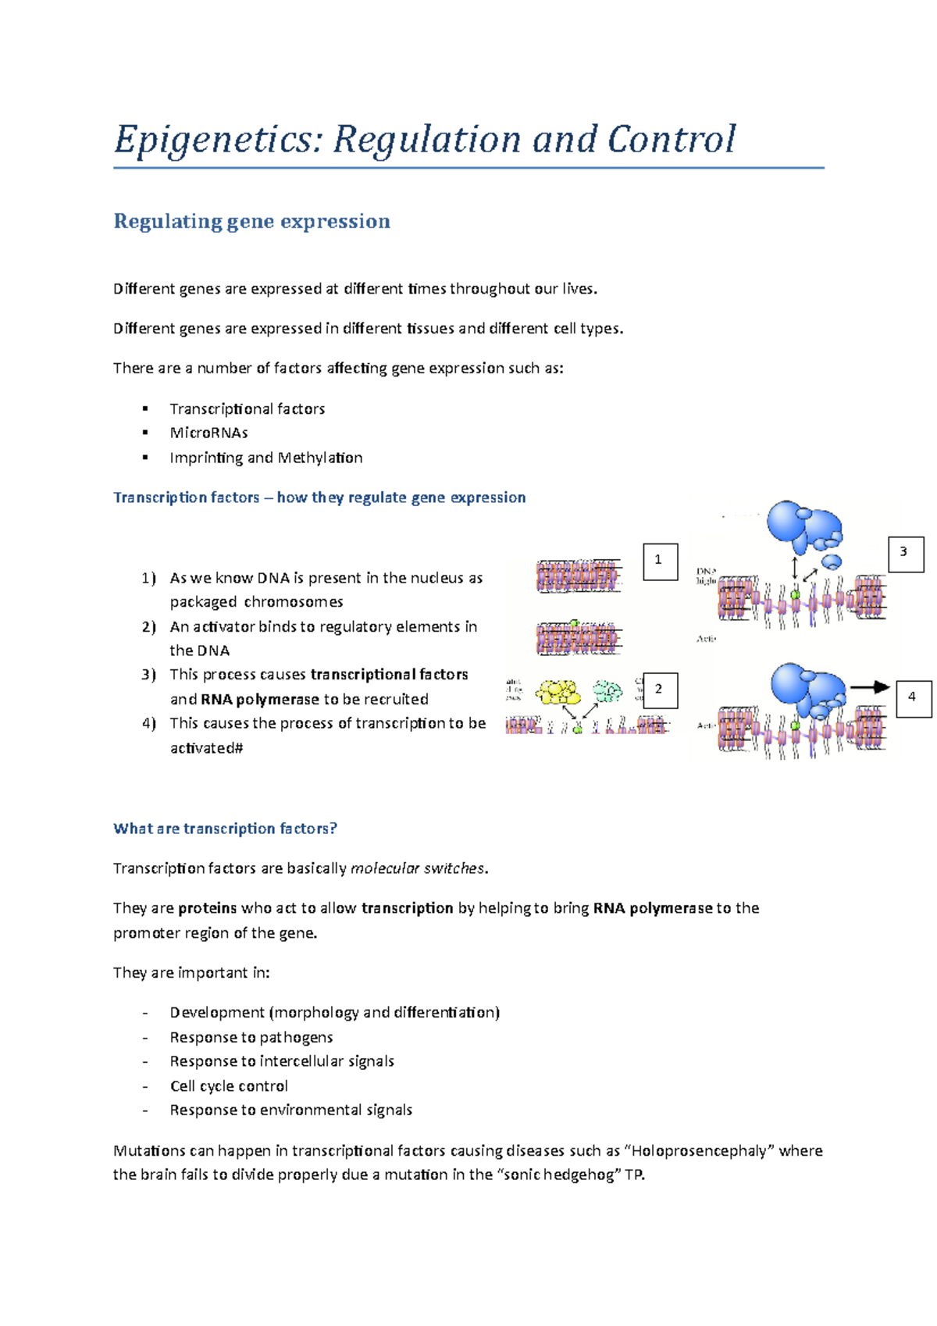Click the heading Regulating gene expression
pos(251,222)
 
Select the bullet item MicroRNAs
pos(208,433)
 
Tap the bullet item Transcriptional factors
pos(247,408)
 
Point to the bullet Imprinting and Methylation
pos(265,458)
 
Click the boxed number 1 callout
pos(659,561)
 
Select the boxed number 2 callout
pos(659,690)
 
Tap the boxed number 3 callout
pos(905,554)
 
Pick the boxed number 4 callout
pos(913,697)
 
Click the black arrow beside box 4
pos(870,687)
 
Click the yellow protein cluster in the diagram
pos(558,692)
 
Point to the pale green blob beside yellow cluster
pos(607,690)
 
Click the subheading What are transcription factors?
pos(225,829)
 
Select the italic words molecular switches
pos(418,868)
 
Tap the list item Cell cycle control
pos(229,1086)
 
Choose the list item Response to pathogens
pos(251,1037)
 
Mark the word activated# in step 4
pos(206,748)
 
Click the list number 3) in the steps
pos(149,675)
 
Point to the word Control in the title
pos(671,141)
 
